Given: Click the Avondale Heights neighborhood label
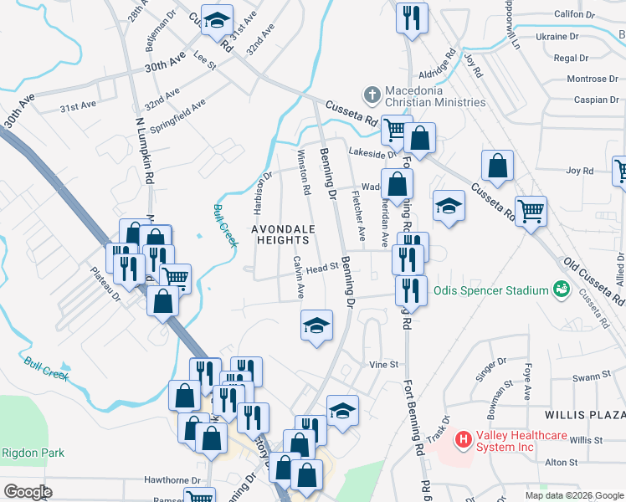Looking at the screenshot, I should [284, 234].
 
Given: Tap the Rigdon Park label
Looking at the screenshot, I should [21, 453].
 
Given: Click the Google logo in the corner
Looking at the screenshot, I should [28, 491].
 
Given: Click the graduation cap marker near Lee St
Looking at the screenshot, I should [218, 22].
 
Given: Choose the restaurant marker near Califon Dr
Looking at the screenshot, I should [412, 18].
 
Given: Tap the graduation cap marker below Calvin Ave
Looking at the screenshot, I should [316, 325].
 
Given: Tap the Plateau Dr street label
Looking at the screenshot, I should [106, 280].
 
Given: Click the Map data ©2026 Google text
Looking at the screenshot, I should [575, 494].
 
